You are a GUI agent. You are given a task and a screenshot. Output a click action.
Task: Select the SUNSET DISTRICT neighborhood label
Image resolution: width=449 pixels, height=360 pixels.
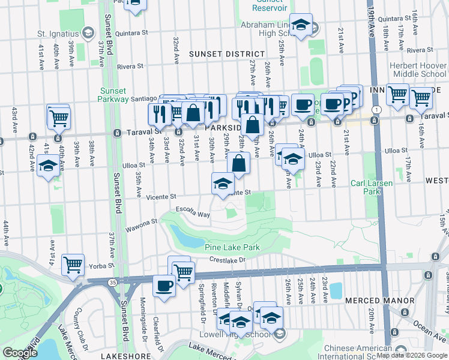click(x=218, y=54)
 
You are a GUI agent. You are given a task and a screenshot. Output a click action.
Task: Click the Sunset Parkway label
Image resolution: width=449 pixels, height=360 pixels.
click(x=113, y=95)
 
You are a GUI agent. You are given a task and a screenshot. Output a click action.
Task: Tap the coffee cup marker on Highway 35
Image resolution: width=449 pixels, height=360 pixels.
click(x=164, y=286)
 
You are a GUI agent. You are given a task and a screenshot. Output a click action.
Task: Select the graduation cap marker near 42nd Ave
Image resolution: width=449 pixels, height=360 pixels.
click(x=47, y=166)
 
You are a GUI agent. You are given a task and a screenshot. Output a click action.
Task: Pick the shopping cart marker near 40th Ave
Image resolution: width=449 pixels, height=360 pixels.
click(x=59, y=118)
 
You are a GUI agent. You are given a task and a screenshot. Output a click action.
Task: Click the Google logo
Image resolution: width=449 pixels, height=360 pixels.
click(x=20, y=353)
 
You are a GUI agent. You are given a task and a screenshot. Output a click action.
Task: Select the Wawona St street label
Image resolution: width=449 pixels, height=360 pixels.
click(x=141, y=225)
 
